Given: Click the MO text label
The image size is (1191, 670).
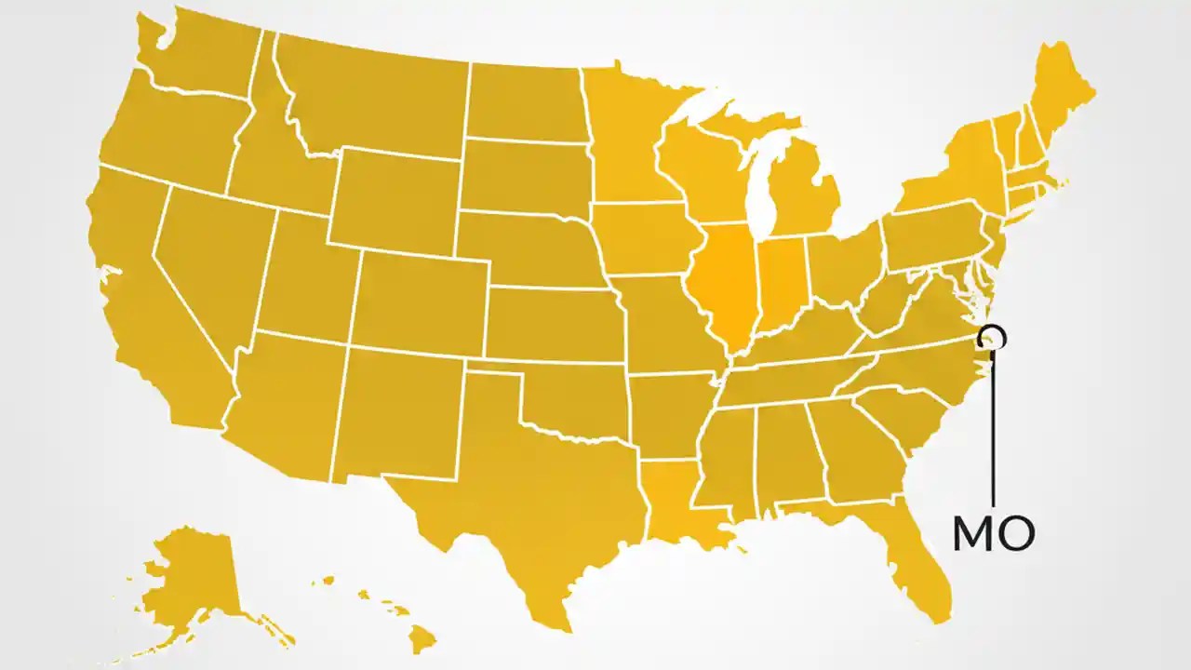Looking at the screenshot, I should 993,533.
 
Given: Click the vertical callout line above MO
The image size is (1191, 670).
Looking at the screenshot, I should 994,428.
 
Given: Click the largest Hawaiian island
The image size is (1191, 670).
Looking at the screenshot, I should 423,637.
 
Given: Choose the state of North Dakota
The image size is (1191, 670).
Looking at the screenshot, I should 526,102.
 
